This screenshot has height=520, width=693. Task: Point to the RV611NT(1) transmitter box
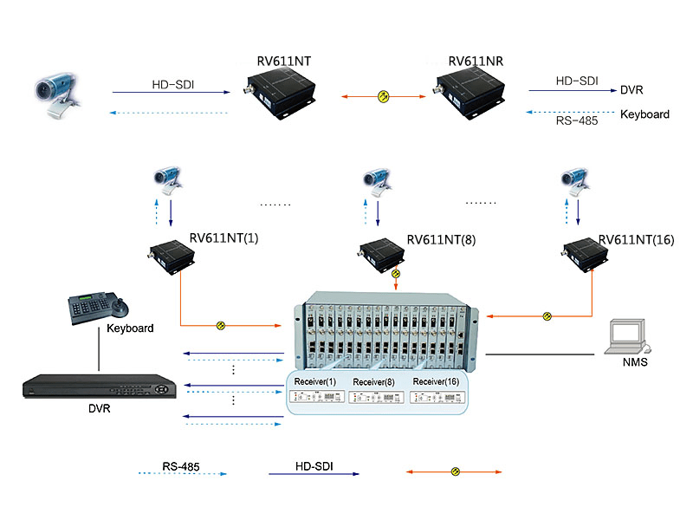pyautogui.click(x=177, y=253)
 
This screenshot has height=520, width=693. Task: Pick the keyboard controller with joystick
pyautogui.click(x=97, y=307)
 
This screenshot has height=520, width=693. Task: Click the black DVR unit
pyautogui.click(x=95, y=387)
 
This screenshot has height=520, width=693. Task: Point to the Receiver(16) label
pyautogui.click(x=436, y=381)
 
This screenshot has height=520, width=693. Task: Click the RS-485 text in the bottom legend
pyautogui.click(x=180, y=467)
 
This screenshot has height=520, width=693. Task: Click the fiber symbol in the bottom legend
pyautogui.click(x=454, y=471)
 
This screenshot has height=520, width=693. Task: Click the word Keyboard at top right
pyautogui.click(x=644, y=114)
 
